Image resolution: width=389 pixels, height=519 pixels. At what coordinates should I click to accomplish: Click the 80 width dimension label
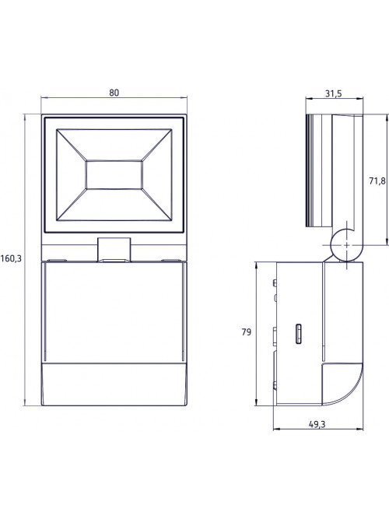(x=114, y=93)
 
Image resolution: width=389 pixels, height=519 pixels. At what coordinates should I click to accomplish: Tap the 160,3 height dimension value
(x=11, y=258)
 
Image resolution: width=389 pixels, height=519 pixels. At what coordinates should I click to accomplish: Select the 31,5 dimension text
(x=333, y=93)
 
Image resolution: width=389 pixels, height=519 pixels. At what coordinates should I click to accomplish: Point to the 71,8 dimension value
(x=377, y=181)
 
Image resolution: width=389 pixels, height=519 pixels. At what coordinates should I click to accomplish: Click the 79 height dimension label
(x=247, y=332)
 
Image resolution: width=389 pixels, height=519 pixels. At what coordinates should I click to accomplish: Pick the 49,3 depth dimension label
(x=317, y=424)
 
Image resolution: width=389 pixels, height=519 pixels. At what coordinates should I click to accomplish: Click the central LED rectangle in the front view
(x=114, y=175)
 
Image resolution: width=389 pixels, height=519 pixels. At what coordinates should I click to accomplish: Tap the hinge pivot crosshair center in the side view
(x=346, y=245)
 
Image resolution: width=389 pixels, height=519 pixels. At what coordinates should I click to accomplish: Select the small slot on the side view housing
(x=298, y=334)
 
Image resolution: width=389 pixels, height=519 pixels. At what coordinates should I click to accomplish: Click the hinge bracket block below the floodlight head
(x=114, y=250)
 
